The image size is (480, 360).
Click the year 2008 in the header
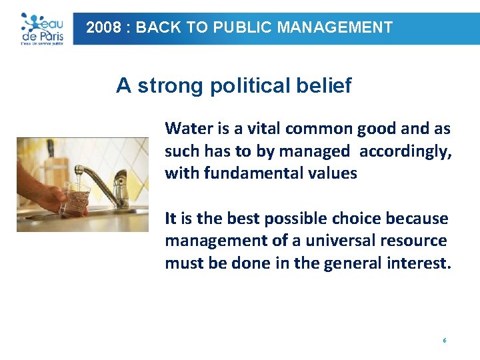click(x=103, y=28)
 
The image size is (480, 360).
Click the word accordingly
click(x=405, y=151)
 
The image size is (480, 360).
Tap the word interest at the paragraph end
click(x=418, y=264)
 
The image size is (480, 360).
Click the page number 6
click(x=444, y=341)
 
